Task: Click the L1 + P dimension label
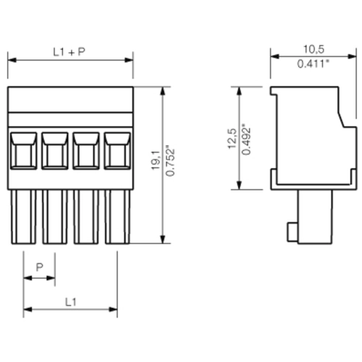click(x=70, y=52)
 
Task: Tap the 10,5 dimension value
click(x=313, y=49)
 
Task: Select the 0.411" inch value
click(x=313, y=64)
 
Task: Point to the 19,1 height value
click(x=156, y=160)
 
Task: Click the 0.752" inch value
click(x=170, y=161)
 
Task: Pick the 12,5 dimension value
click(x=232, y=139)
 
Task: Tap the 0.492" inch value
click(x=246, y=140)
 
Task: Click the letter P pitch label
click(x=40, y=267)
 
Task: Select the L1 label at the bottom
click(x=71, y=302)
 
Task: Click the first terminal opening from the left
click(x=23, y=151)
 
